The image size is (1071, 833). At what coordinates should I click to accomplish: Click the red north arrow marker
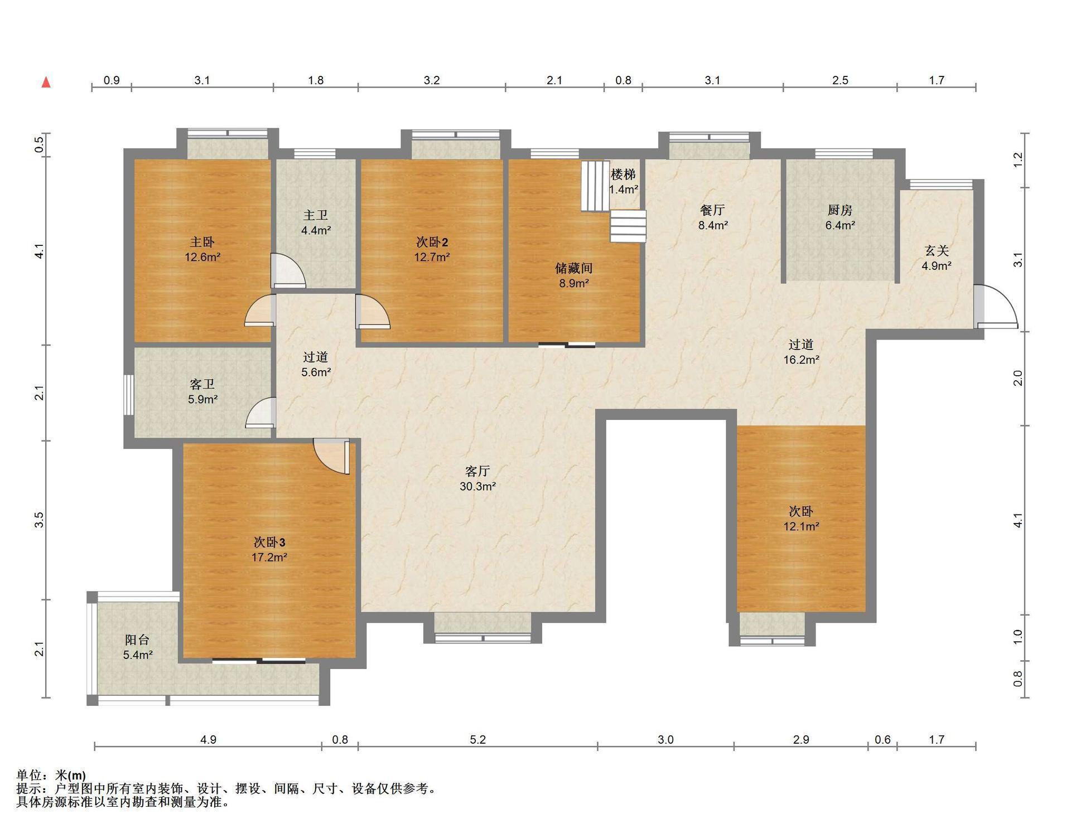[x=46, y=83]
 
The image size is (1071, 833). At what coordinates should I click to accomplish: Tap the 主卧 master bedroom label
[x=202, y=242]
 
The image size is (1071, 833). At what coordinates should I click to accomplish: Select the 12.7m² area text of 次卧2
[x=432, y=257]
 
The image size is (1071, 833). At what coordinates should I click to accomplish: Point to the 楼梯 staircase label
[x=623, y=175]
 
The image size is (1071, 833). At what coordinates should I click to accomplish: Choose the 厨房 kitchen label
[x=840, y=210]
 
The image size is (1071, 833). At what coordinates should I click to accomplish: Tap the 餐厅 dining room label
[x=712, y=210]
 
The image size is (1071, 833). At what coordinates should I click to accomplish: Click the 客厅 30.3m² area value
[x=478, y=486]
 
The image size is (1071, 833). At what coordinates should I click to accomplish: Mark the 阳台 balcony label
[x=137, y=640]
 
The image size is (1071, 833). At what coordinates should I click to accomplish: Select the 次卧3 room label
[x=269, y=542]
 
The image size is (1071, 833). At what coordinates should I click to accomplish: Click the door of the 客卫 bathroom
[x=260, y=413]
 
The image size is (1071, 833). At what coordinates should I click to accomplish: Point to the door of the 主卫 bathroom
[x=288, y=271]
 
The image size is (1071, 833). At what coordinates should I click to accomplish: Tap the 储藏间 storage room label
[x=573, y=268]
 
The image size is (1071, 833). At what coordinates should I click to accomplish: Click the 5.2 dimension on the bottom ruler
[x=478, y=740]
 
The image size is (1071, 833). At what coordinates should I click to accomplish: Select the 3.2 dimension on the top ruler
[x=432, y=80]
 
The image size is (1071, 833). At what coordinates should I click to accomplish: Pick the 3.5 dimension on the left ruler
[x=39, y=520]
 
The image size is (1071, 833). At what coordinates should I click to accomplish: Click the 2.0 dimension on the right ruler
[x=1018, y=378]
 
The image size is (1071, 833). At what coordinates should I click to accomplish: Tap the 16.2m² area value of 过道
[x=801, y=360]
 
